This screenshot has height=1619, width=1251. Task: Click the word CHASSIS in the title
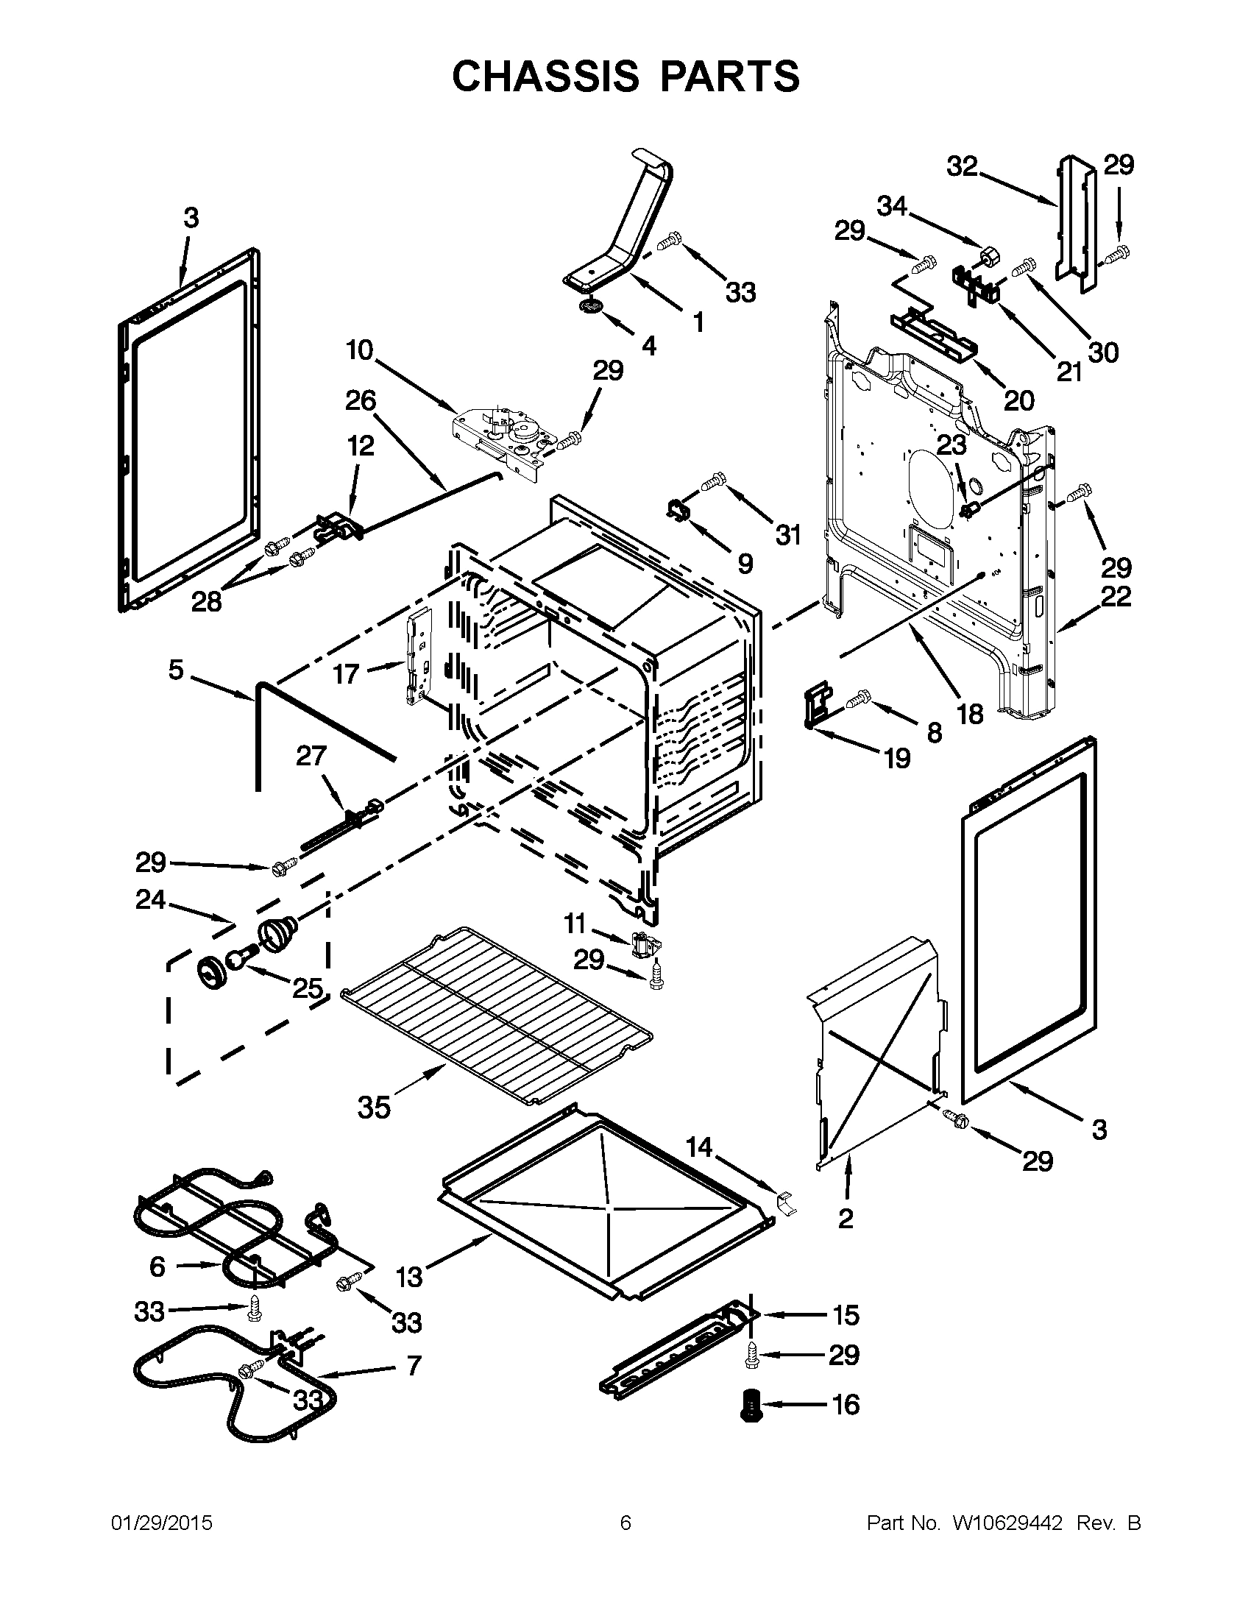point(545,77)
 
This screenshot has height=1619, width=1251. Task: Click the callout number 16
point(846,1404)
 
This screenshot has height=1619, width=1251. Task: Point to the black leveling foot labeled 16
point(750,1406)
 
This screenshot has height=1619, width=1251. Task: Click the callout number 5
point(176,670)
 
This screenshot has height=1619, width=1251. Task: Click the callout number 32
point(963,167)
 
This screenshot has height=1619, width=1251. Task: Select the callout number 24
point(150,899)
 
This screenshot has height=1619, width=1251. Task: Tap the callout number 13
point(408,1277)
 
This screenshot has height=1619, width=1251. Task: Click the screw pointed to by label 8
point(862,697)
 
